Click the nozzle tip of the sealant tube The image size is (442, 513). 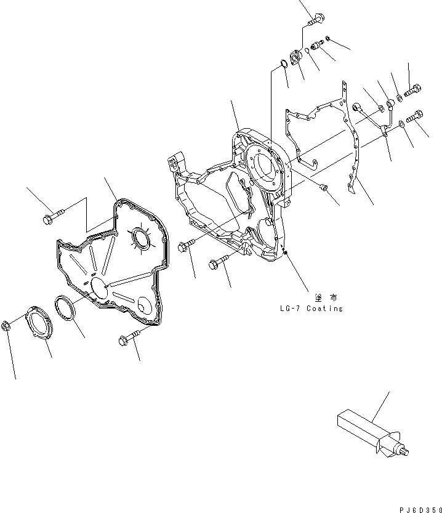tap(407, 454)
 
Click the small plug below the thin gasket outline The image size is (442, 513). tap(323, 187)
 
